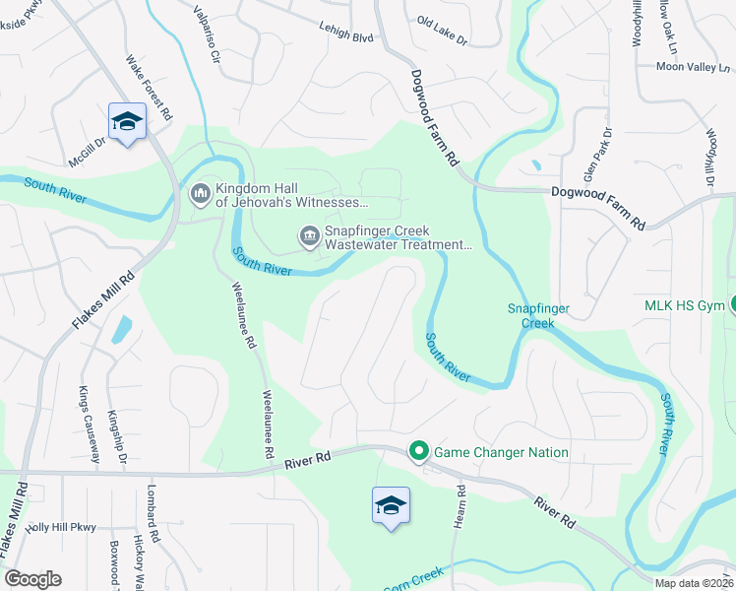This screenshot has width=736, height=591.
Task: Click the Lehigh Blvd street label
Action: tap(345, 33)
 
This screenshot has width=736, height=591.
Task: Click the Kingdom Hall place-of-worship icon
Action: tap(201, 194)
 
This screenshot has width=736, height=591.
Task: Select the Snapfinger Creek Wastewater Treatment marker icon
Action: tap(309, 235)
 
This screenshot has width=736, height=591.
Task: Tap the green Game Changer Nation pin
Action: tap(418, 452)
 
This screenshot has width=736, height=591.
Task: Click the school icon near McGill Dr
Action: tap(126, 121)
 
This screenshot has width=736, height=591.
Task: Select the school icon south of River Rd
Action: tap(391, 505)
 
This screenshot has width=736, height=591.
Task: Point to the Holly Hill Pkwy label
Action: tap(61, 528)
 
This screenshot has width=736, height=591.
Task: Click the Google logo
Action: tap(33, 579)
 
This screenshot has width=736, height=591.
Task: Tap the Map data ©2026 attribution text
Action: tap(695, 582)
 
